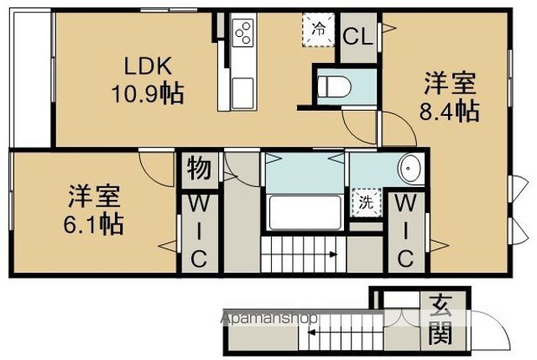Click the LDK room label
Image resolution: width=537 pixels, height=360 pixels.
[x=148, y=66]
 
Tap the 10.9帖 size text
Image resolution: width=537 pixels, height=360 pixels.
[x=148, y=93]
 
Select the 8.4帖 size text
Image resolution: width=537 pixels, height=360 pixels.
[x=450, y=110]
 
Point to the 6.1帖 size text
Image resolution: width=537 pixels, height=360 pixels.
[x=93, y=224]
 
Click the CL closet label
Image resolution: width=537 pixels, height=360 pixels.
[x=358, y=36]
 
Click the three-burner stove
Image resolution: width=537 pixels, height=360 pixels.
[x=242, y=33]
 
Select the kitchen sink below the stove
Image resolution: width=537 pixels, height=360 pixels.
[x=242, y=93]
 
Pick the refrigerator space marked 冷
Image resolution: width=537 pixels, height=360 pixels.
[x=319, y=29]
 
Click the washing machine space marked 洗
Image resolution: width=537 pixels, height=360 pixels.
[x=366, y=202]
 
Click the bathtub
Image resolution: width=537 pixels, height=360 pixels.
[x=305, y=212]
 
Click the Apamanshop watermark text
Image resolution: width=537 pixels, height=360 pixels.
[x=269, y=318]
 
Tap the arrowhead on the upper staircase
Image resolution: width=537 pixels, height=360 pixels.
[x=333, y=254]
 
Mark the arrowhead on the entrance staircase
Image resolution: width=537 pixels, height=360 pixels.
[x=311, y=331]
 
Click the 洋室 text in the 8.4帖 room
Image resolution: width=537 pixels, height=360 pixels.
[x=450, y=83]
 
